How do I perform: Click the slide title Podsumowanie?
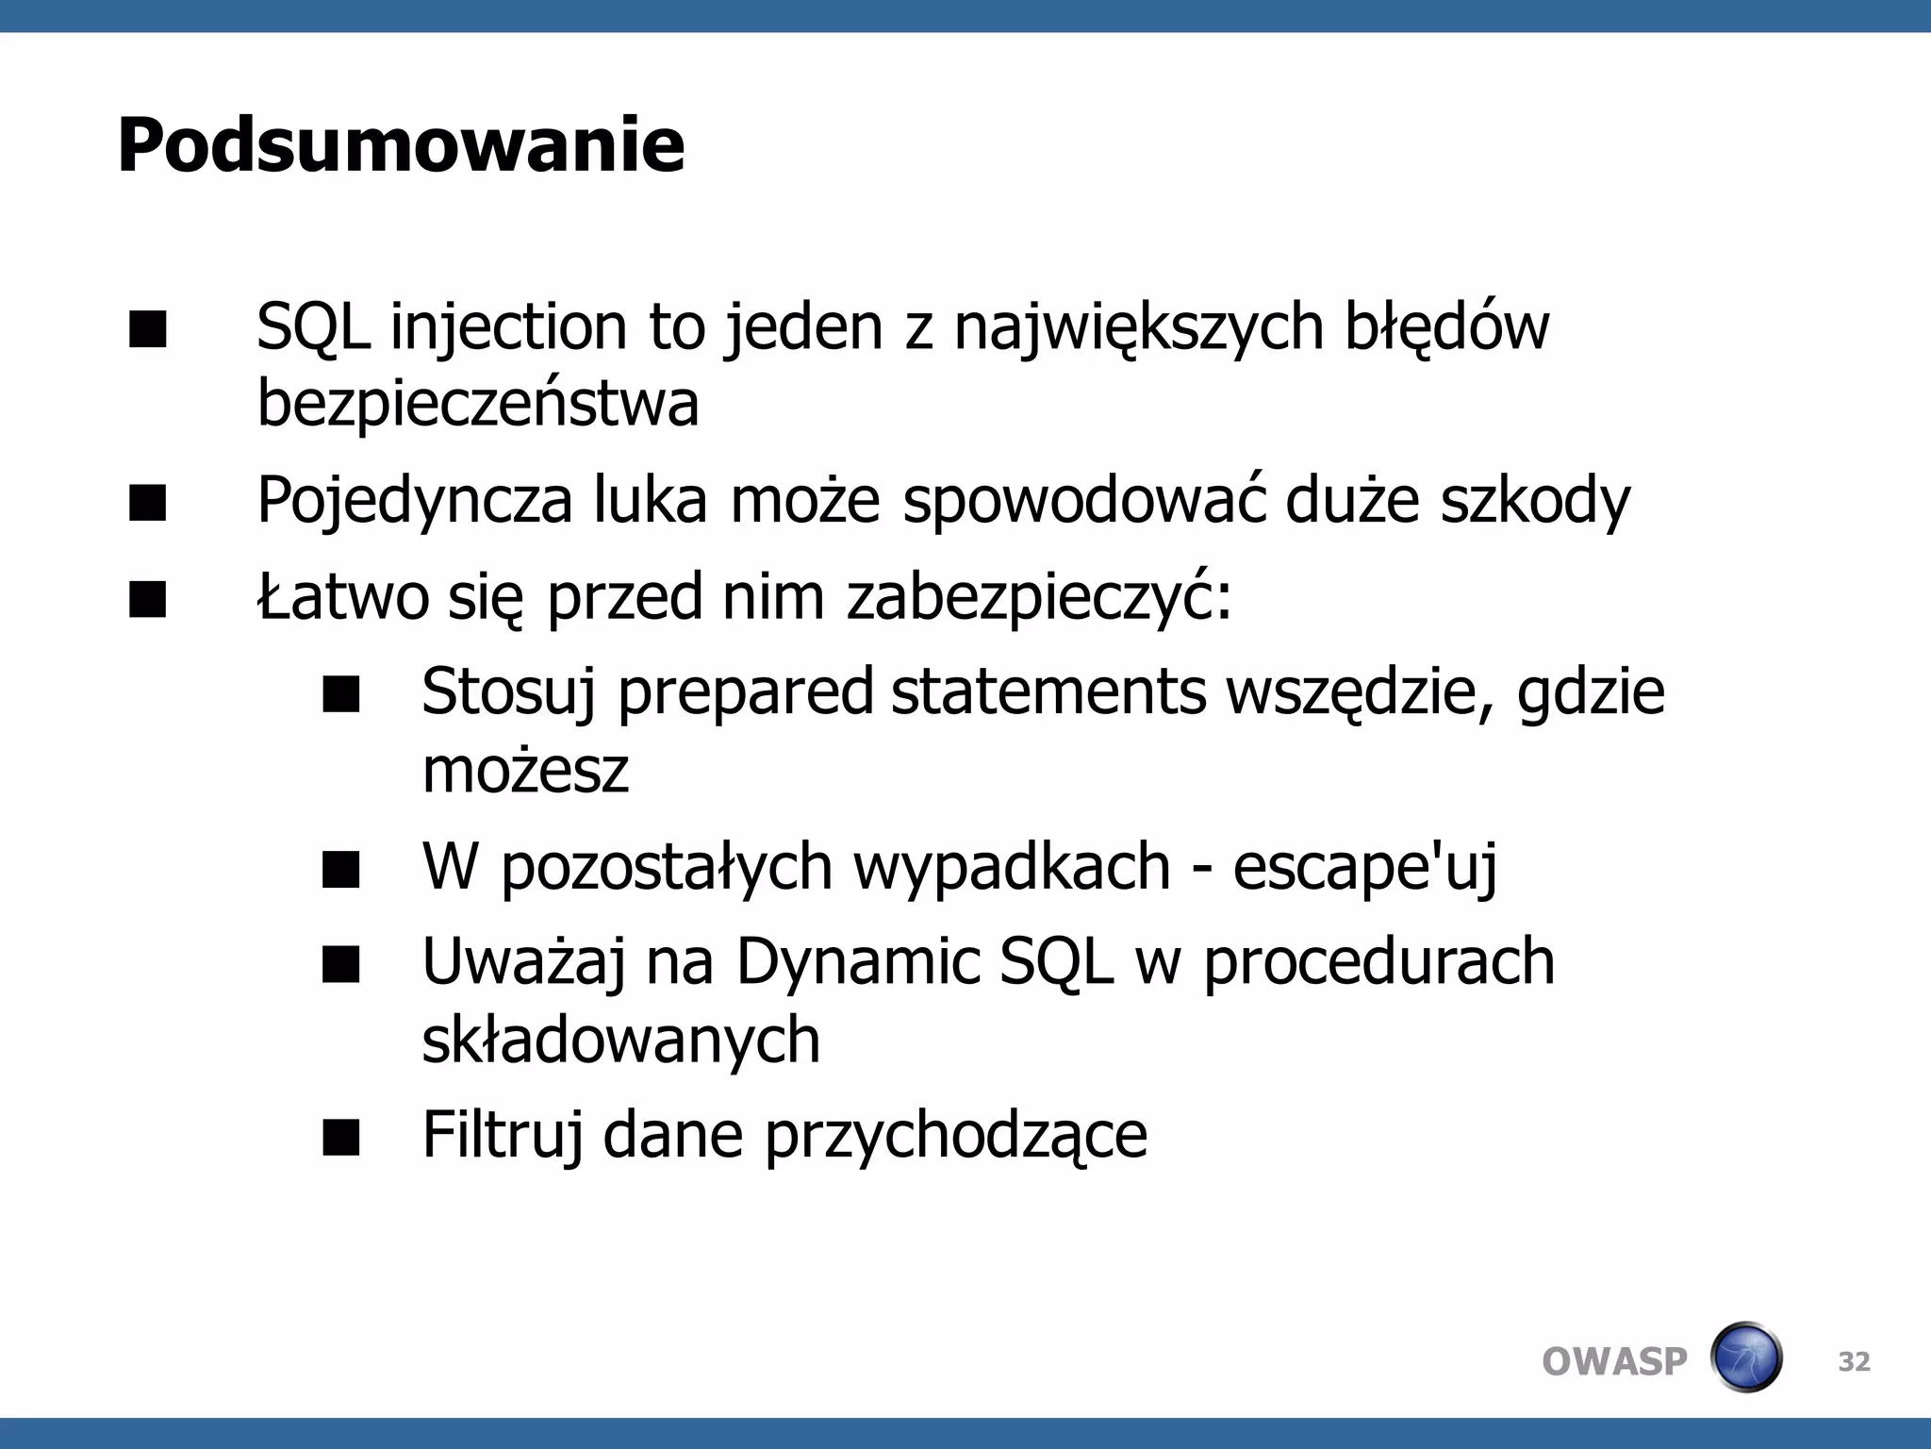(401, 145)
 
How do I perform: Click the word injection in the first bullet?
(508, 328)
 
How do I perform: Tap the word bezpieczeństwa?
(478, 404)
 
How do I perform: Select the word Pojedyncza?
(414, 501)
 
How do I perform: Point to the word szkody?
(1534, 501)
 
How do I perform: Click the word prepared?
(744, 693)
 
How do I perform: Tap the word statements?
(1048, 693)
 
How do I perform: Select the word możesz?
(525, 770)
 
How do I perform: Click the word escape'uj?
(1364, 866)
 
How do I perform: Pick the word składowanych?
(620, 1040)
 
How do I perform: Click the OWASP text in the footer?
(1614, 1361)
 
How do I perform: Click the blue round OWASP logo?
(1746, 1357)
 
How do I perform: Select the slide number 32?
(1854, 1361)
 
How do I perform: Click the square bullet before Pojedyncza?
(148, 503)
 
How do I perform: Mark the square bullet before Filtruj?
(340, 1138)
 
